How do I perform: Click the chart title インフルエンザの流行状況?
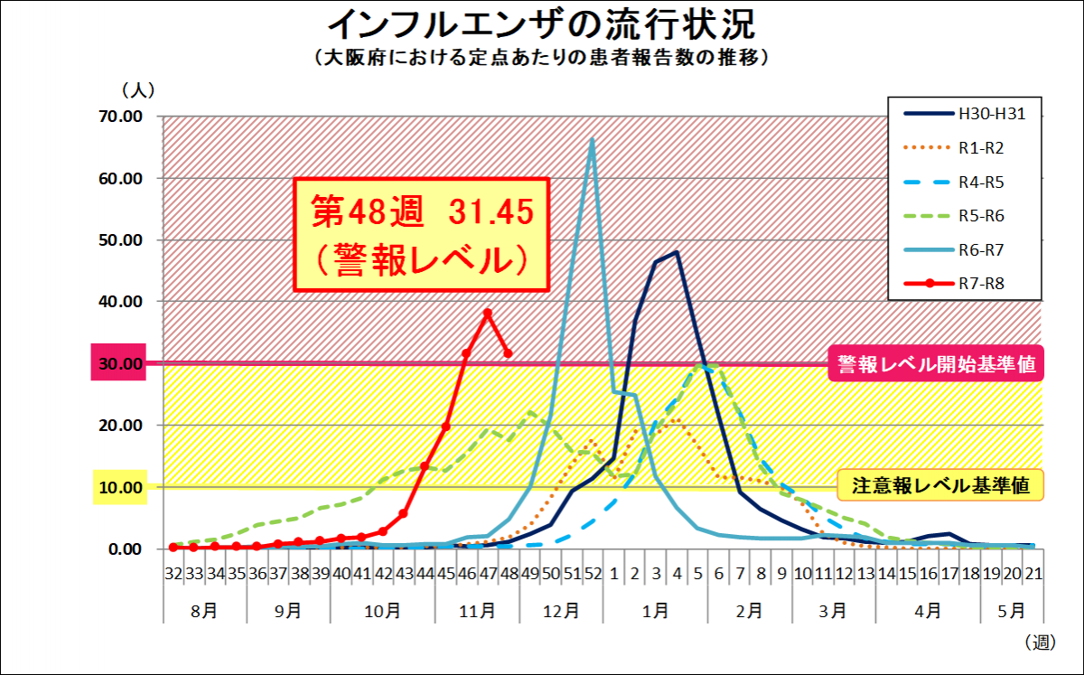click(541, 23)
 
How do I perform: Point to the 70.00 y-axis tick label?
click(120, 117)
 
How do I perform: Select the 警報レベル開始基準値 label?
click(935, 363)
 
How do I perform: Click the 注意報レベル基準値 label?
click(940, 486)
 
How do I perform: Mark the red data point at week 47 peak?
click(488, 313)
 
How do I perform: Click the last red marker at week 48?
click(509, 353)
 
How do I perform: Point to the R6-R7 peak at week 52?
click(593, 139)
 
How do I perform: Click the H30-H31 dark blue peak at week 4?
click(677, 253)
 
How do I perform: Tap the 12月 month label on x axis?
click(561, 610)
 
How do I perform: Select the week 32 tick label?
click(173, 573)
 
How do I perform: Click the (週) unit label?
click(1040, 642)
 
